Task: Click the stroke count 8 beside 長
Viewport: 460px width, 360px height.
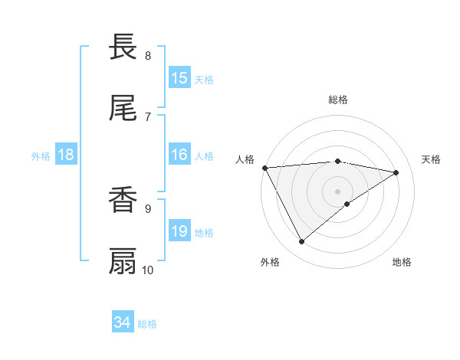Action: pyautogui.click(x=148, y=56)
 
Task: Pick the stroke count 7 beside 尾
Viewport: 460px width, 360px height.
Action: pyautogui.click(x=148, y=116)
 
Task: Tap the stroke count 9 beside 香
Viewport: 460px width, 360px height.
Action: pyautogui.click(x=148, y=208)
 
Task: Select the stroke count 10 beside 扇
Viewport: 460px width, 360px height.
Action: pyautogui.click(x=148, y=270)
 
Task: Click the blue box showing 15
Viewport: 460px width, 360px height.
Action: pyautogui.click(x=179, y=78)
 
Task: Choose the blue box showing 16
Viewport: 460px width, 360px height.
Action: pyautogui.click(x=179, y=155)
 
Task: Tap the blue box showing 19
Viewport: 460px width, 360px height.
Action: pyautogui.click(x=179, y=231)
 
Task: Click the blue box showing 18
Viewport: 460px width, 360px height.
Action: pyautogui.click(x=66, y=155)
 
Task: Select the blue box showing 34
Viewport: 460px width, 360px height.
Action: pyautogui.click(x=123, y=322)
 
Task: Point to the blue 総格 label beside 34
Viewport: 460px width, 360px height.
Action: pyautogui.click(x=147, y=324)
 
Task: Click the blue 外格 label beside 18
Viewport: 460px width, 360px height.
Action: pyautogui.click(x=41, y=155)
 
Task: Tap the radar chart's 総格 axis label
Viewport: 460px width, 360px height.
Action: pyautogui.click(x=337, y=100)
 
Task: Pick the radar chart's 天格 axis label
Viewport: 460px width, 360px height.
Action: pyautogui.click(x=431, y=159)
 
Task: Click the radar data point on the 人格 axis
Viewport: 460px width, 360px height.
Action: pyautogui.click(x=264, y=168)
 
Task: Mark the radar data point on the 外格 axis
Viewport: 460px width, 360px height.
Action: pyautogui.click(x=301, y=242)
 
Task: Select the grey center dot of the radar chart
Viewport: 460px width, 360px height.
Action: pyautogui.click(x=337, y=191)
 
